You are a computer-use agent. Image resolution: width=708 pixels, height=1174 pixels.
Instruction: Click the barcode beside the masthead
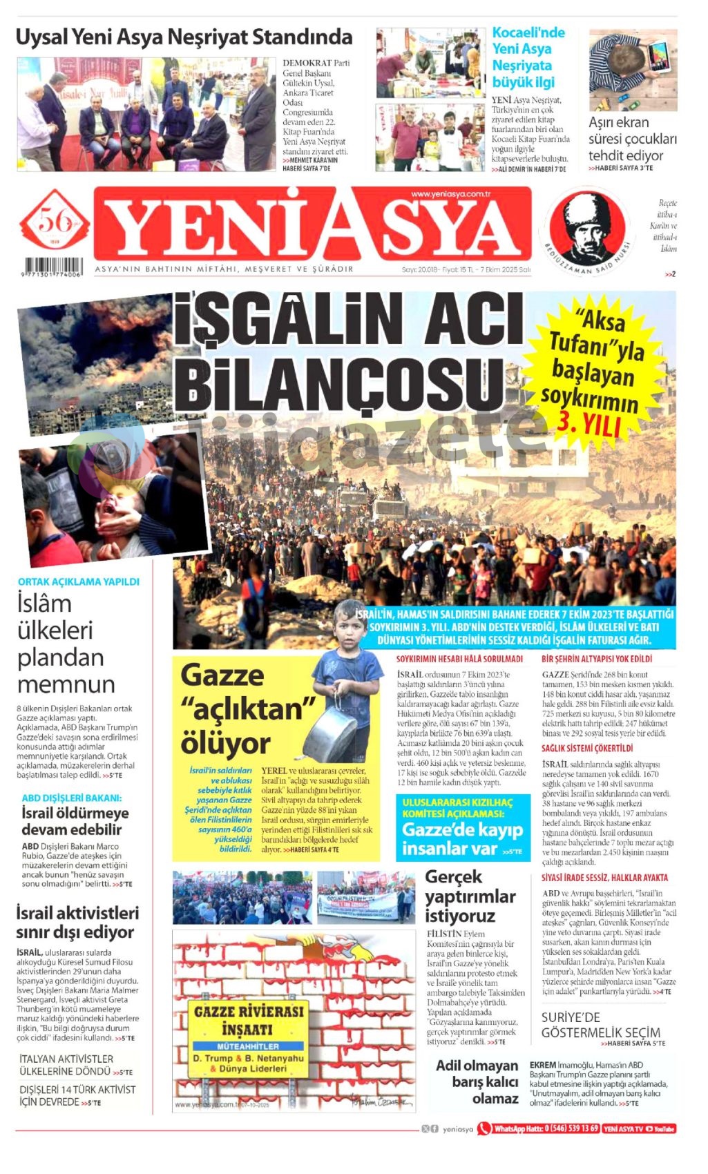pyautogui.click(x=53, y=267)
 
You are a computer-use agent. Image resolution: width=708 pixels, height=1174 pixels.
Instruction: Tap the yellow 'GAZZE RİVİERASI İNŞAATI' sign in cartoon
pyautogui.click(x=249, y=1039)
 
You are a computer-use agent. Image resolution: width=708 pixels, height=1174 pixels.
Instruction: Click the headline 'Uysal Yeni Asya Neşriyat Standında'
pyautogui.click(x=184, y=37)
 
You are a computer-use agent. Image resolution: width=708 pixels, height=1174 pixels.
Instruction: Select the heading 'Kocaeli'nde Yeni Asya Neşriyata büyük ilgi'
pyautogui.click(x=528, y=57)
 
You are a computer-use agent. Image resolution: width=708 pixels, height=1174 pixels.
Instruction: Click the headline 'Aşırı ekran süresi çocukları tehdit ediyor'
pyautogui.click(x=632, y=139)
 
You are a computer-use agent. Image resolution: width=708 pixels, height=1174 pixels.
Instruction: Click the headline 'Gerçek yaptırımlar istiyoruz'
pyautogui.click(x=470, y=896)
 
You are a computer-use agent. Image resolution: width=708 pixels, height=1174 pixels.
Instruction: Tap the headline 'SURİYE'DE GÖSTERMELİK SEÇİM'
pyautogui.click(x=600, y=1025)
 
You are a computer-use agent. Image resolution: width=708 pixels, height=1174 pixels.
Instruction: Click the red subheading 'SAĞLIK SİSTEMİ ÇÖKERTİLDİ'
pyautogui.click(x=587, y=748)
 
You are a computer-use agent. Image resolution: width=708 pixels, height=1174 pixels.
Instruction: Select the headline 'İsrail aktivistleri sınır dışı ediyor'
pyautogui.click(x=77, y=922)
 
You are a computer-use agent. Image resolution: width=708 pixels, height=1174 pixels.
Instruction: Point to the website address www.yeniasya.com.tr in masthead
pyautogui.click(x=450, y=194)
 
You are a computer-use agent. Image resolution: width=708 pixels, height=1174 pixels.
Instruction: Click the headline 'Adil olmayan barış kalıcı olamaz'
pyautogui.click(x=477, y=1081)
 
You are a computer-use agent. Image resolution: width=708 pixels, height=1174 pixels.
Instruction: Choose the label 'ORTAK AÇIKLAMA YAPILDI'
pyautogui.click(x=79, y=581)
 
